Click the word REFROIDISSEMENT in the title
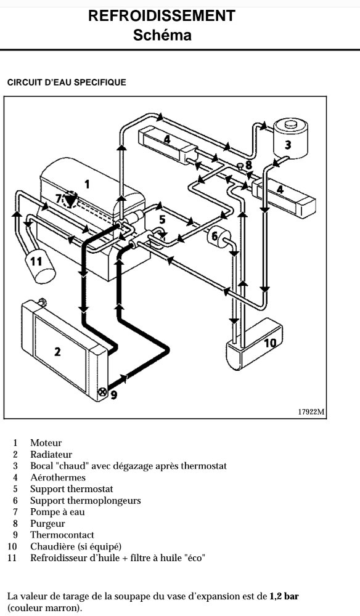[x=162, y=16]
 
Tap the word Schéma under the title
[x=162, y=35]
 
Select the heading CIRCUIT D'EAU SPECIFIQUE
[x=67, y=83]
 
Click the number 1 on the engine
[x=88, y=184]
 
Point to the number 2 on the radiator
[x=57, y=352]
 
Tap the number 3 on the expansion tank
[x=288, y=145]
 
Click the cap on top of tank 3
[x=291, y=124]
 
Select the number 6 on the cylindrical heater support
[x=215, y=236]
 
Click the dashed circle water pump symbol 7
[x=70, y=199]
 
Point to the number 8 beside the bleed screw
[x=248, y=165]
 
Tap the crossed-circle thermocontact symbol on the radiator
[x=102, y=392]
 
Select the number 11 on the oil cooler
[x=36, y=261]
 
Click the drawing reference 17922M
[x=311, y=411]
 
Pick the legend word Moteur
[x=46, y=443]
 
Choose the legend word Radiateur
[x=51, y=455]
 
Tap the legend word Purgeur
[x=47, y=524]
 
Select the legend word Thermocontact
[x=62, y=535]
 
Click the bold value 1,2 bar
[x=284, y=596]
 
